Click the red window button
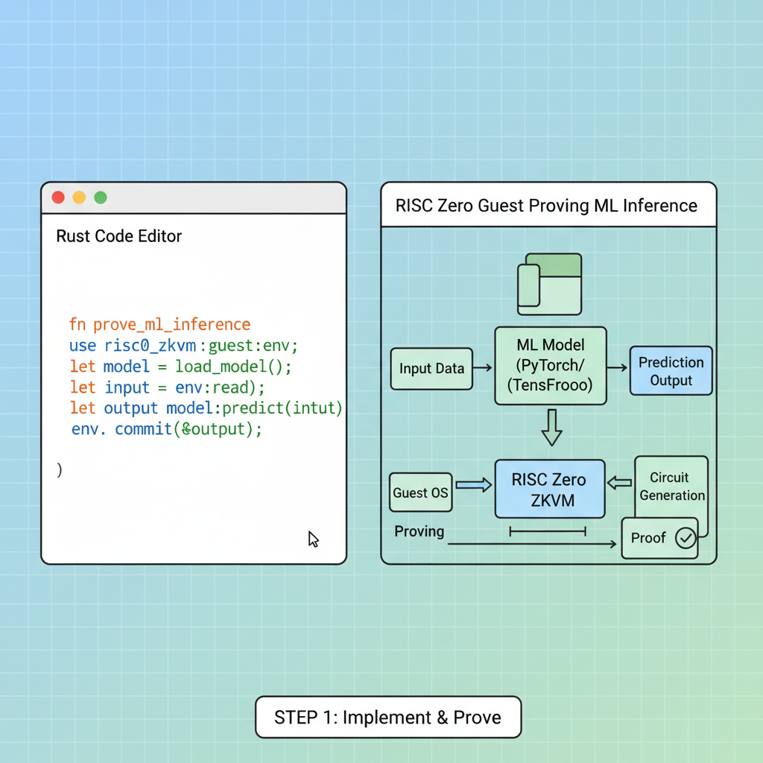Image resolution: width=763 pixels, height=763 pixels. pos(57,197)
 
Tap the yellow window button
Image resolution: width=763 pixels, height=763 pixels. pos(79,197)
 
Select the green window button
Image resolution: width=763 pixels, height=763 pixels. pos(101,197)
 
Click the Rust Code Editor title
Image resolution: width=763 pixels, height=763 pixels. pos(119,236)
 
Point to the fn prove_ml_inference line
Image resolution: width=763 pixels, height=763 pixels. pos(159,325)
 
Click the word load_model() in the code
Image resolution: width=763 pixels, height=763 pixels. pos(233,367)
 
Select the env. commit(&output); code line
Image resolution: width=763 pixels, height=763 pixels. pos(167,430)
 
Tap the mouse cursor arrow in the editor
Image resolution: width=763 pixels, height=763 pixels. pos(314,539)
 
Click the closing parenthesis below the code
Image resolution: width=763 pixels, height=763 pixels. pos(60,469)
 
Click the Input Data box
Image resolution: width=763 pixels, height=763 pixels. pos(431,368)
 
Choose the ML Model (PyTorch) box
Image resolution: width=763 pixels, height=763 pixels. pos(551,365)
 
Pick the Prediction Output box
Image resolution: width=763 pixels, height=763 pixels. pos(671,371)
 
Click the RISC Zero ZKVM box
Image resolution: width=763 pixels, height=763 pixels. pos(549,490)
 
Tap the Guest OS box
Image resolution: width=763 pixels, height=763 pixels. pos(420,493)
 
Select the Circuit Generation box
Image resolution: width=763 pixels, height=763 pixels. pos(672,487)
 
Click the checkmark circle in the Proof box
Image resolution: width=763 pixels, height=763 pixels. pos(685,538)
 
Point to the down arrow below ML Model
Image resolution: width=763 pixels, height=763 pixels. pos(551,428)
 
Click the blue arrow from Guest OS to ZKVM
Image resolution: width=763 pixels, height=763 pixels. pos(473,485)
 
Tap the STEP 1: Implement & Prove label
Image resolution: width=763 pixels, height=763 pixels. pos(387,718)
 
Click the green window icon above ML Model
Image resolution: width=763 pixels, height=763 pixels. pos(550,284)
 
